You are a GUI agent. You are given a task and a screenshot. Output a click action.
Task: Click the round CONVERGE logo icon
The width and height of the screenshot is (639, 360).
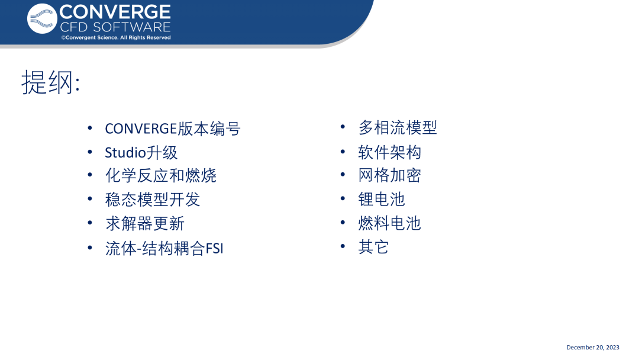(42, 19)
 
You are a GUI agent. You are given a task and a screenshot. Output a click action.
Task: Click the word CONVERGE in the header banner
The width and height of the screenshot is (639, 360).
(115, 12)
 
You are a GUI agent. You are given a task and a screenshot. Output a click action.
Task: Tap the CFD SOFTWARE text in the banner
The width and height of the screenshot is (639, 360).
(115, 27)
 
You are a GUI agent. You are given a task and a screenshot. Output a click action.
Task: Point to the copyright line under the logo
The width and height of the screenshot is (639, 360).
(116, 37)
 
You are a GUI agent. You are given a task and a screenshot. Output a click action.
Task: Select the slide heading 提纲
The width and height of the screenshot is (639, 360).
(50, 82)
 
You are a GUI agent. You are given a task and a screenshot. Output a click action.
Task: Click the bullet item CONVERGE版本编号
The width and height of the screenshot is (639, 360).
(173, 129)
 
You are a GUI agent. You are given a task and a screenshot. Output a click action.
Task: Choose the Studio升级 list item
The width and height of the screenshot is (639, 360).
(141, 153)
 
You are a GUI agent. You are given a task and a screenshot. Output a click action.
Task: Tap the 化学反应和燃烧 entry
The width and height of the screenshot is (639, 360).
(160, 176)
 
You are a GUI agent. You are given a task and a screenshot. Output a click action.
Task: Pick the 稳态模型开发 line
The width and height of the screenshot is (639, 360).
(153, 200)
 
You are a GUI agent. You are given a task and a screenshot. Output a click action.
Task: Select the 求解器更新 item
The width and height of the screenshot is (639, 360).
(145, 223)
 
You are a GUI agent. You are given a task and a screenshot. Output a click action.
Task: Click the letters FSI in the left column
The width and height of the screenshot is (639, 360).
(214, 248)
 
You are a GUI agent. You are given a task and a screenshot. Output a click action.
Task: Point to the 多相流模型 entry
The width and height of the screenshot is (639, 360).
(398, 128)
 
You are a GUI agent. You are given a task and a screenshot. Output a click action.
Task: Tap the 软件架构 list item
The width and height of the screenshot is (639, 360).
(389, 153)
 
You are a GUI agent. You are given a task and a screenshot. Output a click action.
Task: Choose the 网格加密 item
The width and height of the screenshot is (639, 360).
(389, 175)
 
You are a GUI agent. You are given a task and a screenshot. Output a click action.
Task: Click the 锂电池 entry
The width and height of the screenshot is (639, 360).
(382, 200)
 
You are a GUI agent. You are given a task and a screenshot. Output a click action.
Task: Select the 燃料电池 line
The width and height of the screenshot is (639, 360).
(389, 223)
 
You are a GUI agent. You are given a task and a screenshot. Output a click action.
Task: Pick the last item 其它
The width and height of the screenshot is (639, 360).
(373, 247)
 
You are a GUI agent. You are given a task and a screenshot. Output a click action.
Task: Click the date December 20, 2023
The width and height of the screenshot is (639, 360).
(592, 348)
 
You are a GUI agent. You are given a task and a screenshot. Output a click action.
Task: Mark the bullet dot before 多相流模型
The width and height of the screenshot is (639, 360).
(343, 127)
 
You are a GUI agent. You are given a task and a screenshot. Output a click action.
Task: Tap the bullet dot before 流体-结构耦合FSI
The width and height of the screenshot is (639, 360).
(90, 247)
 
